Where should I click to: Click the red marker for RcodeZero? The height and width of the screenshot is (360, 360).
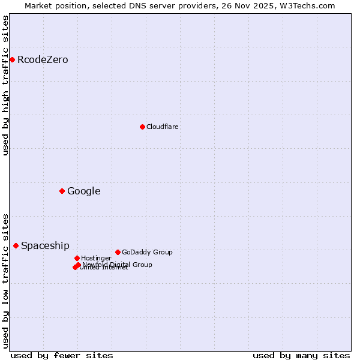click(x=12, y=59)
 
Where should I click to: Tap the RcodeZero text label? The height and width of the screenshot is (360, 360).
click(x=43, y=60)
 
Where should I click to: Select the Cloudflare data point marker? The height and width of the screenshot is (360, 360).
click(x=142, y=127)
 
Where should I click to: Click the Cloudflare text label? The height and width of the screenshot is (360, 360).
click(x=163, y=127)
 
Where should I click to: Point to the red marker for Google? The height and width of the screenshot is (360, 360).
click(x=62, y=191)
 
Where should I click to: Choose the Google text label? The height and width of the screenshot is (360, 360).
click(x=83, y=191)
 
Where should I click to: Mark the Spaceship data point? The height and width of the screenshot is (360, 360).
click(x=16, y=245)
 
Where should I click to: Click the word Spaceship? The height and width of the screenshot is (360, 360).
click(x=45, y=246)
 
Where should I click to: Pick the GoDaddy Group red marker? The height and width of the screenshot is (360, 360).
click(x=118, y=252)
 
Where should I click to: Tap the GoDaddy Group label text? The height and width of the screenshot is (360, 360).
click(x=147, y=253)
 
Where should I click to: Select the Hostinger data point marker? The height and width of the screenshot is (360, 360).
click(x=77, y=258)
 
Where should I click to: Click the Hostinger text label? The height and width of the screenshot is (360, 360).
click(x=96, y=259)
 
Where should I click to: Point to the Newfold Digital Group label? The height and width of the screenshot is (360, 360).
click(x=118, y=265)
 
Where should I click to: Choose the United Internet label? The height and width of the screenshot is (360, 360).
click(x=104, y=268)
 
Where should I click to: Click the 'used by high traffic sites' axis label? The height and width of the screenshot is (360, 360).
click(x=5, y=85)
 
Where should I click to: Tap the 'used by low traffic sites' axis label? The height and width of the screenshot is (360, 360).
click(x=5, y=281)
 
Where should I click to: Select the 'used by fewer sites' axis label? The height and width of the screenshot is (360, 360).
click(x=62, y=356)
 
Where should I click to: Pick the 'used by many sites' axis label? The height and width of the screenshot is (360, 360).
click(x=301, y=356)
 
